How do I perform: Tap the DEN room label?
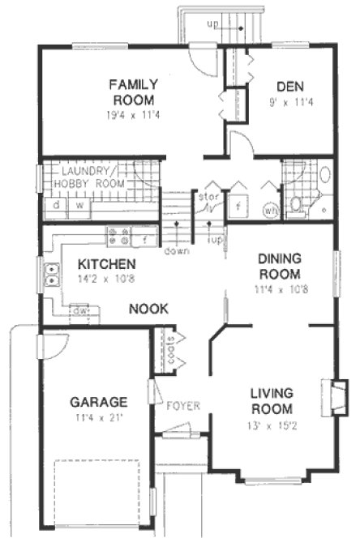tap(289, 87)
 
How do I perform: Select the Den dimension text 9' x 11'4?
tap(289, 102)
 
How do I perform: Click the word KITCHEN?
tap(106, 264)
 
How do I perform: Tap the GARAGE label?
tap(98, 401)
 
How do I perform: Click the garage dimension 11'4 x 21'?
tap(98, 417)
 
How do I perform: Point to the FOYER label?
tap(182, 405)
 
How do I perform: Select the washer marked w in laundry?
tap(79, 206)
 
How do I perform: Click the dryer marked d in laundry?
tap(55, 206)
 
